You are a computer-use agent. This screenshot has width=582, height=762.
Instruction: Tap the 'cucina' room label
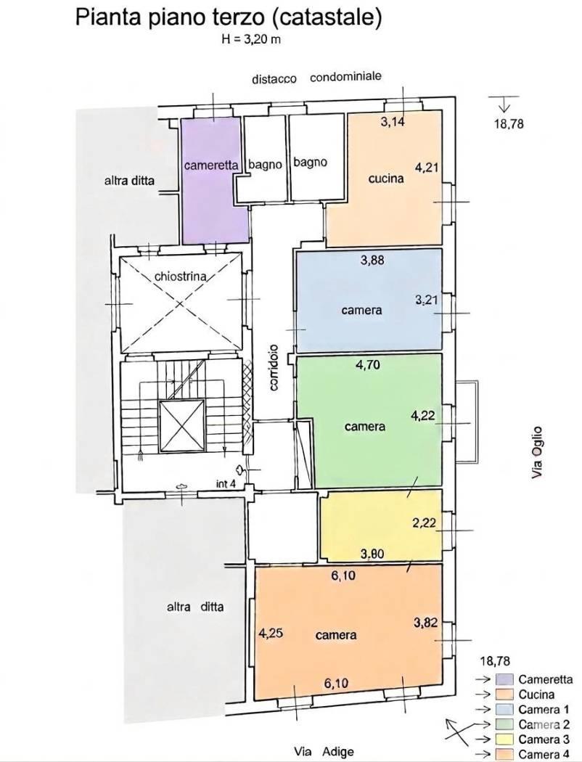point(386,179)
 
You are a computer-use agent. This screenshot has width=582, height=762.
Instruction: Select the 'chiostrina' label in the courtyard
point(180,276)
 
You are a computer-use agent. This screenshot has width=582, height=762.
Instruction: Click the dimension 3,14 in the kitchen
point(393,122)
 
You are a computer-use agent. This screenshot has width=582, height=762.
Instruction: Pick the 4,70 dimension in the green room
point(368,364)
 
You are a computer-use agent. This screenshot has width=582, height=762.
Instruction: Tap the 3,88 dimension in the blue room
point(372,261)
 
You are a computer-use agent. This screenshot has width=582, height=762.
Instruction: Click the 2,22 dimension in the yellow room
point(424,523)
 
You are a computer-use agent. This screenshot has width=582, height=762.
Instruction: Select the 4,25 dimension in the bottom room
point(271,634)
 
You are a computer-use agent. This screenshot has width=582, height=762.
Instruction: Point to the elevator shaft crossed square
point(181,426)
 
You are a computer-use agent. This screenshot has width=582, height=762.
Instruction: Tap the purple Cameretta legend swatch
point(504,679)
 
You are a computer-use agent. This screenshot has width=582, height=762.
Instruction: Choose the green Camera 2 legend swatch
point(504,724)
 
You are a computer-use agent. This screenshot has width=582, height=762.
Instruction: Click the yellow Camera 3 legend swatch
point(504,740)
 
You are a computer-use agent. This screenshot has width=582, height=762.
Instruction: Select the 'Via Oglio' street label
point(537,452)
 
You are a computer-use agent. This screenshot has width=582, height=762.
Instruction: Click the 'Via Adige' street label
point(324,751)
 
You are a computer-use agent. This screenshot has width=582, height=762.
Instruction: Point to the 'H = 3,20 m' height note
point(251,40)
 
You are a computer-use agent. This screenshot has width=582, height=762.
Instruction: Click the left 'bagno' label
point(266,165)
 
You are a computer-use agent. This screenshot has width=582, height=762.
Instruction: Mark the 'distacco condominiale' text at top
point(316,78)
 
